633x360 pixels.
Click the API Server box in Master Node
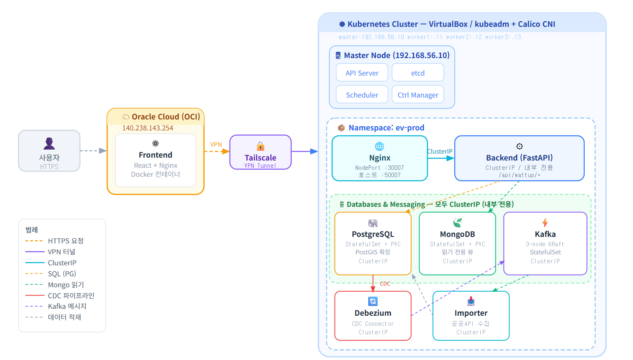(362, 73)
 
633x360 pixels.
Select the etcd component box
(417, 73)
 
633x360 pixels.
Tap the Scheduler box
(362, 95)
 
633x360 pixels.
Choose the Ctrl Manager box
(417, 95)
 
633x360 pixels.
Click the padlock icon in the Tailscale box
(260, 146)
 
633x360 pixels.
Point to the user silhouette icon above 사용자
(49, 143)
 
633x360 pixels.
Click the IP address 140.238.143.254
(147, 128)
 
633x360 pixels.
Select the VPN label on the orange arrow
(216, 145)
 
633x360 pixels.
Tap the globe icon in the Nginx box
(379, 146)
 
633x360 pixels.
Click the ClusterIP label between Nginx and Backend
(440, 152)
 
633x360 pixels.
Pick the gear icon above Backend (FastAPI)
(519, 146)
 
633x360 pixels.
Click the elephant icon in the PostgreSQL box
(373, 223)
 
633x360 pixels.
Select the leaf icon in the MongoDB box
(457, 223)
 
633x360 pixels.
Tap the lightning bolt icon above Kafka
(545, 223)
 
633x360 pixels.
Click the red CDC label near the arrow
(385, 284)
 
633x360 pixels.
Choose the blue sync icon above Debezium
(373, 301)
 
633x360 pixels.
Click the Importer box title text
(471, 313)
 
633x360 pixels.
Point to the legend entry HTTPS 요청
(65, 241)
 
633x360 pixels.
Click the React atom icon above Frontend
(156, 143)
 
